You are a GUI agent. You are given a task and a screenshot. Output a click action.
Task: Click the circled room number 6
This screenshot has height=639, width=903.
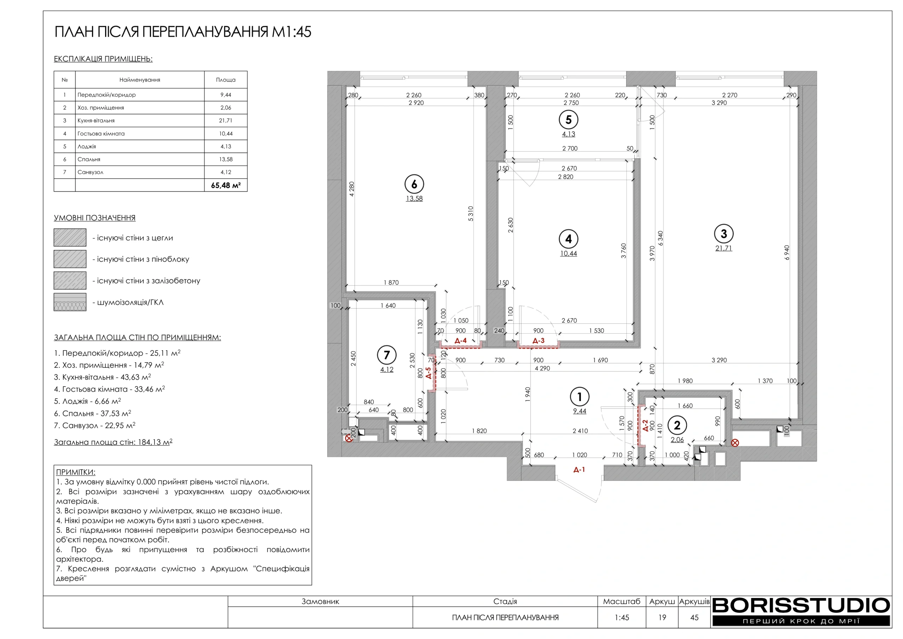[x=414, y=184]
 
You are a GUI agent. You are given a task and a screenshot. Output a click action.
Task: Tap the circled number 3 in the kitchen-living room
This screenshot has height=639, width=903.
[x=724, y=234]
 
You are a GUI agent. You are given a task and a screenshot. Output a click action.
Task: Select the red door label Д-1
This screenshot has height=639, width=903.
[x=579, y=469]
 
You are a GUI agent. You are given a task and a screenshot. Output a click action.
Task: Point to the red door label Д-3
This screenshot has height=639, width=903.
[x=538, y=341]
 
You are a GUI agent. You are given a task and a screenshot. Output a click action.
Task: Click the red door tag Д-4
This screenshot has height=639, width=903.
[x=461, y=341]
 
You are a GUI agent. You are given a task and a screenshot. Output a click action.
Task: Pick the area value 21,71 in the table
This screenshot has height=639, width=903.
[x=226, y=120]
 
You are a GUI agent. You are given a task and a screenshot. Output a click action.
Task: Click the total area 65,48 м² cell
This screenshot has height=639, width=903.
[x=226, y=185]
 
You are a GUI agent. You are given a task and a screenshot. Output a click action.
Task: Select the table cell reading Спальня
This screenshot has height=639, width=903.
[x=89, y=160]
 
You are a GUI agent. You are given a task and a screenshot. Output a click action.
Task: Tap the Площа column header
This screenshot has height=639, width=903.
[x=226, y=79]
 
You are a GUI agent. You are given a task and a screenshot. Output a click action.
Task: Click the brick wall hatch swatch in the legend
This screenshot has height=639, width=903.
[x=70, y=237]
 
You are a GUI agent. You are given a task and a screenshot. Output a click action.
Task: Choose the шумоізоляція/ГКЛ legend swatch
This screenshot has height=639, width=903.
[x=70, y=302]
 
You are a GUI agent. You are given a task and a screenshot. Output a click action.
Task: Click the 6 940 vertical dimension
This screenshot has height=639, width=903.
[x=787, y=252]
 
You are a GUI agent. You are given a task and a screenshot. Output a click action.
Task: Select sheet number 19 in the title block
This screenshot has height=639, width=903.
[x=662, y=617]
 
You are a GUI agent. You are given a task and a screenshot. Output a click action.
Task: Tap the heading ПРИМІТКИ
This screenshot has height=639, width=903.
[x=75, y=472]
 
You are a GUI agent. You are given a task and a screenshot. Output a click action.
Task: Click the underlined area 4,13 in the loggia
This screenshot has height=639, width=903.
[x=568, y=134]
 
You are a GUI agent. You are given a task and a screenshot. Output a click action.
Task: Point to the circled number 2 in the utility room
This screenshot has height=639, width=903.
[x=677, y=425]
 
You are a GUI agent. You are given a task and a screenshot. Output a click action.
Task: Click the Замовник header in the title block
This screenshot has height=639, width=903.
[x=320, y=601]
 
